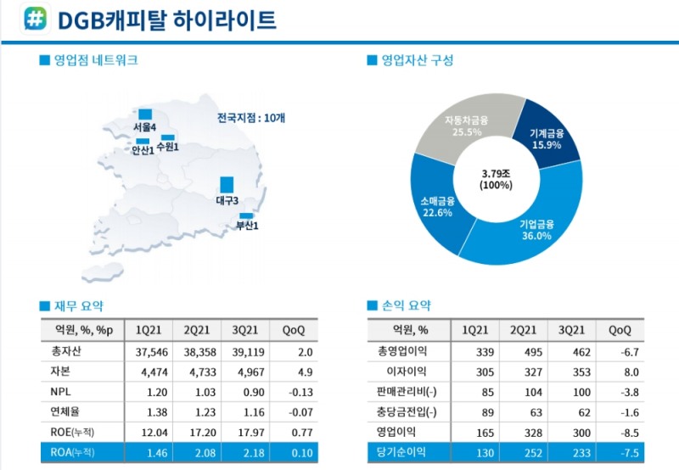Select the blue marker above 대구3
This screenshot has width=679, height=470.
pyautogui.click(x=227, y=184)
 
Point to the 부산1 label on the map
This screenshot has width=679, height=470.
pyautogui.click(x=247, y=226)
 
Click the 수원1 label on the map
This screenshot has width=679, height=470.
pyautogui.click(x=168, y=148)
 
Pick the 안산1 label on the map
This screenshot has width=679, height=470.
pyautogui.click(x=143, y=150)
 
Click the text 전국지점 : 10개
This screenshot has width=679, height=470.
pyautogui.click(x=251, y=118)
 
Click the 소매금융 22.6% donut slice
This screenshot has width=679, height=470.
pyautogui.click(x=437, y=207)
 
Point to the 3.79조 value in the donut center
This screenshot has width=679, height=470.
pyautogui.click(x=497, y=173)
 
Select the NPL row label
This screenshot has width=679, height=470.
pyautogui.click(x=60, y=391)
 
